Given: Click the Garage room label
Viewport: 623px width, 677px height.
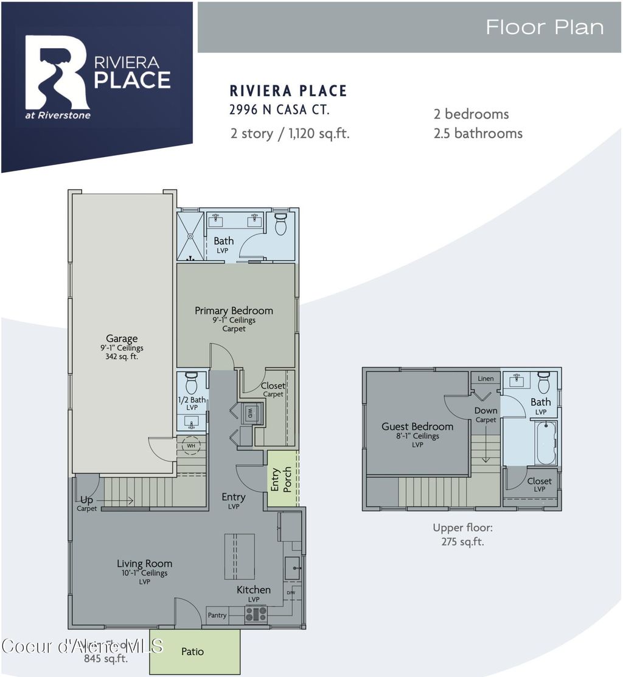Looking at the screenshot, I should (x=122, y=338).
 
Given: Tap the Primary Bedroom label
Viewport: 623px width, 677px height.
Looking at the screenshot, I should (x=234, y=310).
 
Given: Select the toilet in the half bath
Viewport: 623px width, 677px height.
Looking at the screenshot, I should (x=191, y=384).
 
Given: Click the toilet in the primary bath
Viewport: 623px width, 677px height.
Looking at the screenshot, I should (x=280, y=225).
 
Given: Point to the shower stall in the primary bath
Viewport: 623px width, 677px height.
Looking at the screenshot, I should (x=190, y=236).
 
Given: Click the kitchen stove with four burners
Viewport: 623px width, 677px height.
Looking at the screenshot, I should (x=256, y=614).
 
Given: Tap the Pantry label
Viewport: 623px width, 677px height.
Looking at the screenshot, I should (x=217, y=616).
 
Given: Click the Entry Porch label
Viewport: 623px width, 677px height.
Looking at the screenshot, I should (x=281, y=480).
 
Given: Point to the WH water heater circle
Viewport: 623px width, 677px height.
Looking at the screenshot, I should (x=191, y=445).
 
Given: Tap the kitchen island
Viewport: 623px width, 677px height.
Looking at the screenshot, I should (x=240, y=556).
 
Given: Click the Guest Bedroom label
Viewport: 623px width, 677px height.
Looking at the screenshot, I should (x=417, y=427).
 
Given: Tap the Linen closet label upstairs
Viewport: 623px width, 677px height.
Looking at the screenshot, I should (x=486, y=379).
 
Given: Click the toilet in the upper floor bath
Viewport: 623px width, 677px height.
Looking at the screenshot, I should (x=543, y=383).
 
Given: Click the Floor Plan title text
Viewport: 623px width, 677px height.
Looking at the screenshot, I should (x=545, y=27).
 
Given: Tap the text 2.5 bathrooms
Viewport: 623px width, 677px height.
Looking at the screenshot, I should (x=478, y=133).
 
